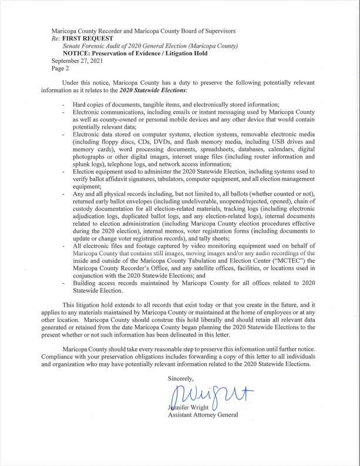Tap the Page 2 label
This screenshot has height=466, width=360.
click(60, 68)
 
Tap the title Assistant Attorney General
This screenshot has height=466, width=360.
click(203, 416)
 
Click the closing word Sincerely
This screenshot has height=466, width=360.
click(180, 379)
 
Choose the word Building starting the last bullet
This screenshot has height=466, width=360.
click(86, 283)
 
